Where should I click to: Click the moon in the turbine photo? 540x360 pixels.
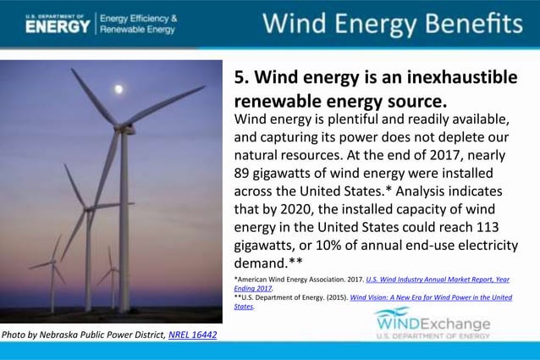pos(119,88)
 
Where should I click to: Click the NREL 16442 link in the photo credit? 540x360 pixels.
pos(193,335)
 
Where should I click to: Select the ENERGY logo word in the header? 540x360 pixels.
pos(58,25)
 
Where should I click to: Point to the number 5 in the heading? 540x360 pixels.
pos(239,79)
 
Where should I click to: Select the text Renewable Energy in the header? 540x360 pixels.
pos(138,30)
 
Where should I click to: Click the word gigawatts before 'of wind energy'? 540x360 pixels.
pos(295,174)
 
